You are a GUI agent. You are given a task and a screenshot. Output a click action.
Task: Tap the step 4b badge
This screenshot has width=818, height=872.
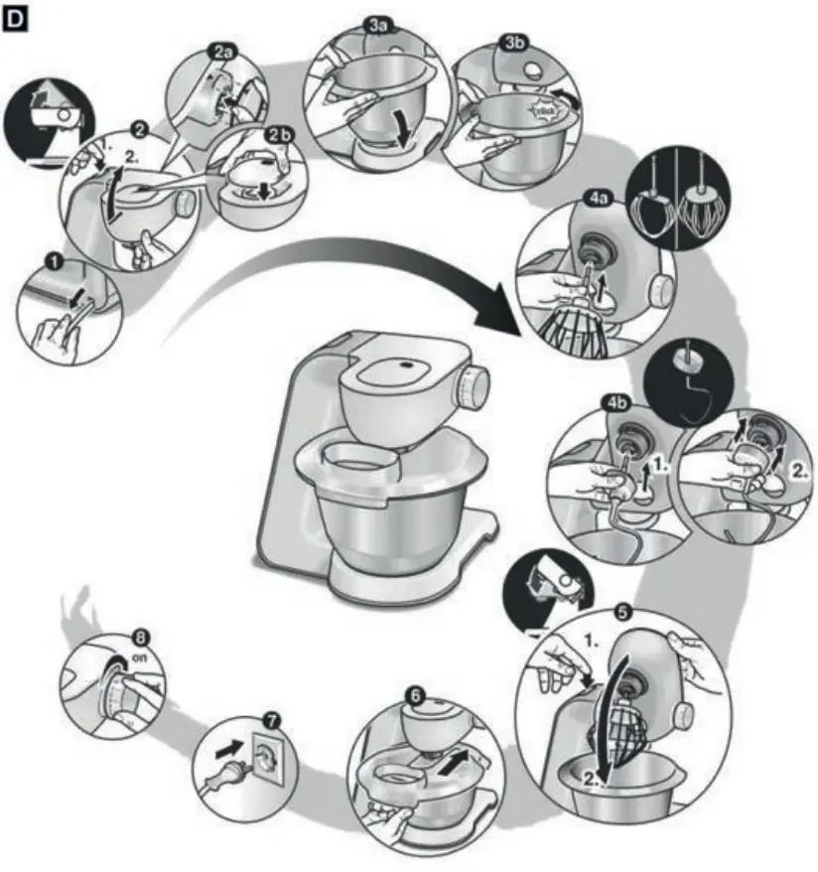614,402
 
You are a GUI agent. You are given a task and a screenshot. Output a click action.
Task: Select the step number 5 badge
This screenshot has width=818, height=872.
622,612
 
